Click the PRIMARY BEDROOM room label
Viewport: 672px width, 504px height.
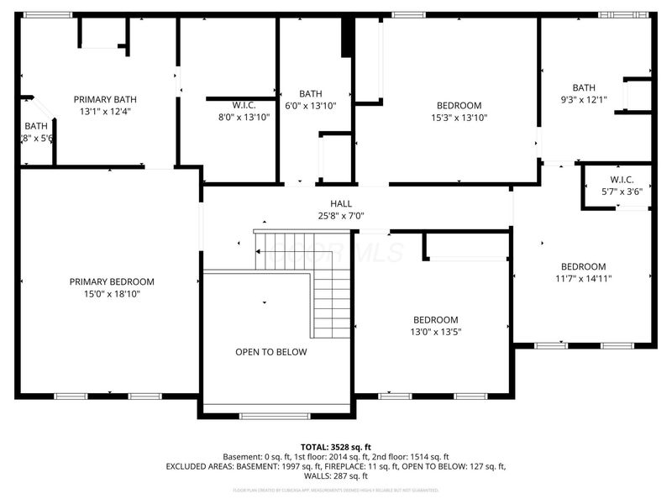click(x=112, y=281)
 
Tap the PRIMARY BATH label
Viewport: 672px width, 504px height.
click(x=106, y=98)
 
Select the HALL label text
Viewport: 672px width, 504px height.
click(x=341, y=203)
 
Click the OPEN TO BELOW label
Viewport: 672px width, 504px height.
click(x=270, y=352)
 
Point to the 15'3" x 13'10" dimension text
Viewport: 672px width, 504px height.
click(x=459, y=118)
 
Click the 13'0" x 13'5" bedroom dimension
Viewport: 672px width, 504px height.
click(x=435, y=332)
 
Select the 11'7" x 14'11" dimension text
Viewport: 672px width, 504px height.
click(x=583, y=279)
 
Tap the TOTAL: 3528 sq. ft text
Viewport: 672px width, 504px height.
click(x=336, y=446)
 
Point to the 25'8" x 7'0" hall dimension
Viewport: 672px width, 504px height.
click(x=341, y=216)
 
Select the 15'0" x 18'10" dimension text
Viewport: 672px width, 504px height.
click(x=112, y=294)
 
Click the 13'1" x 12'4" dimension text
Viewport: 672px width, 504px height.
click(x=106, y=111)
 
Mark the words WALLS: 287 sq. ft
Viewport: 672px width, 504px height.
click(x=336, y=476)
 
